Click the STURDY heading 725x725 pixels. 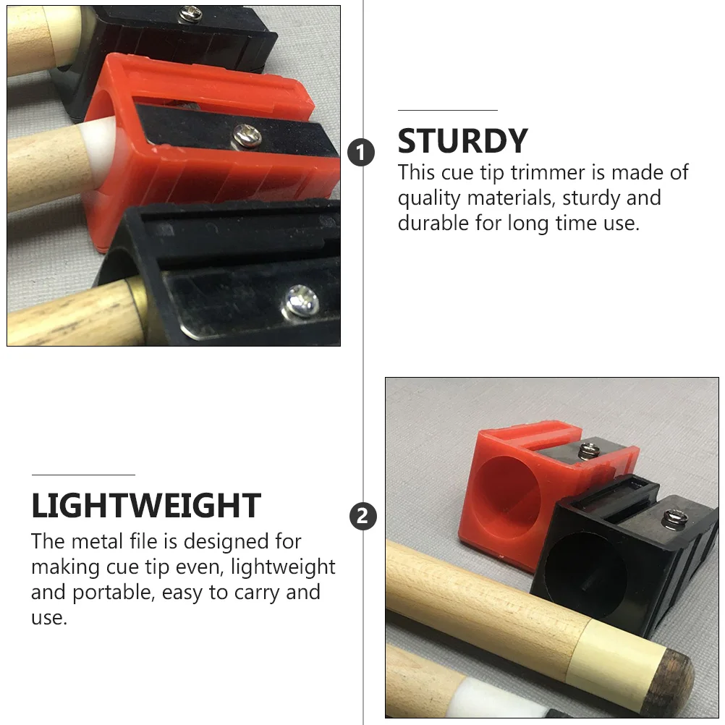462,141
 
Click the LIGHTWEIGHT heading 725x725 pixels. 145,506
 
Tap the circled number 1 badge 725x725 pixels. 362,153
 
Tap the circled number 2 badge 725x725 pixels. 362,517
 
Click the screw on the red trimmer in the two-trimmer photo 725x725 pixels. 588,451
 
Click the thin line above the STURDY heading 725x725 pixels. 447,110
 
